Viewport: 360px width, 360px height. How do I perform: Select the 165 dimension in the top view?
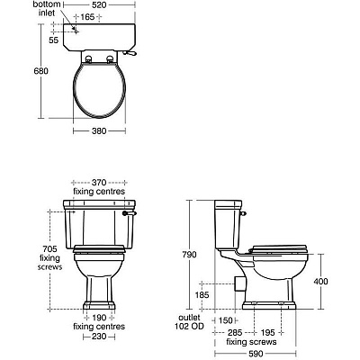click(88, 16)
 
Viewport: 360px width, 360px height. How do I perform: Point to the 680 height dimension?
click(16, 71)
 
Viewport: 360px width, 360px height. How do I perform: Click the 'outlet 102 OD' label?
click(192, 322)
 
